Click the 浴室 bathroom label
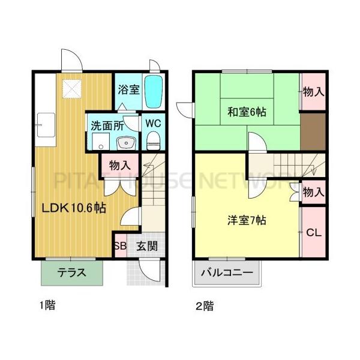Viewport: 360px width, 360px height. coord(128,90)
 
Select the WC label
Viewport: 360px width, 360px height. coord(152,123)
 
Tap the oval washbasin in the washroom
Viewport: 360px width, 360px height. coord(126,143)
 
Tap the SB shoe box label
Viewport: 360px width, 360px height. coord(120,245)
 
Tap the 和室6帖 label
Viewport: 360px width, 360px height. coord(247,112)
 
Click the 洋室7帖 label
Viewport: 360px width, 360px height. coord(247,220)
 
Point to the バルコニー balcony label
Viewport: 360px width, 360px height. coord(226,272)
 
